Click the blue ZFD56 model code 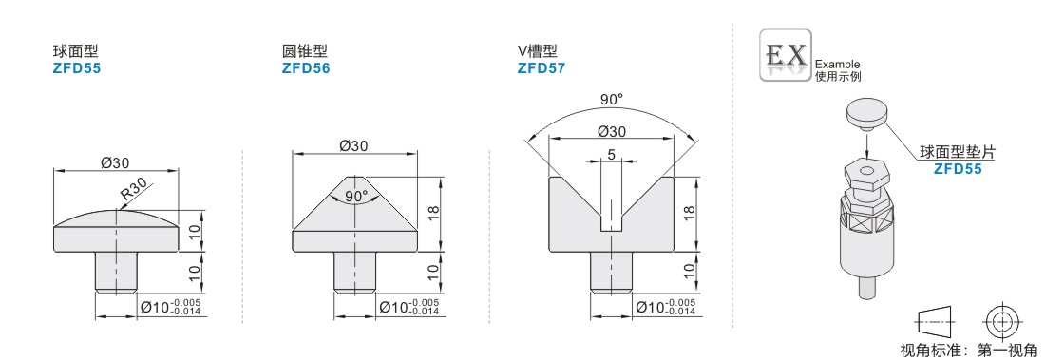click(x=305, y=68)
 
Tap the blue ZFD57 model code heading click(x=541, y=68)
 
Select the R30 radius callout click(x=133, y=194)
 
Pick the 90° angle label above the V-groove click(x=611, y=100)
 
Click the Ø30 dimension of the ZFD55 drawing click(x=114, y=162)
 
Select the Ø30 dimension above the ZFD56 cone click(x=354, y=145)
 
